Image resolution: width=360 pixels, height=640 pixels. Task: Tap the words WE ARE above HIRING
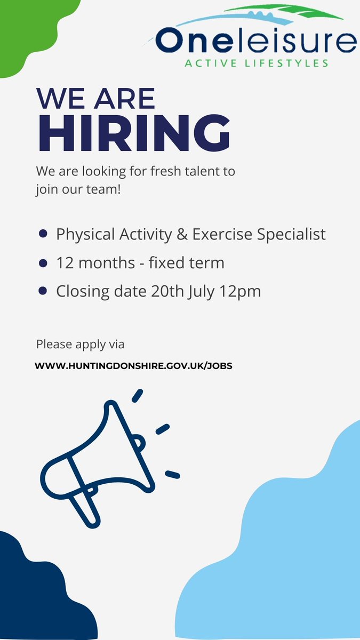95,98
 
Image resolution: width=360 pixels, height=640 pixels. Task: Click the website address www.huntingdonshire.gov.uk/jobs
133,366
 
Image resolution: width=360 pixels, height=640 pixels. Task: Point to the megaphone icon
101,459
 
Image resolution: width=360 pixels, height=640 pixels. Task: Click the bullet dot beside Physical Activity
44,234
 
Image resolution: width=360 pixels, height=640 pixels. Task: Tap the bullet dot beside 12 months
44,262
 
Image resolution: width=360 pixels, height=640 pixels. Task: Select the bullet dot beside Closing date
44,291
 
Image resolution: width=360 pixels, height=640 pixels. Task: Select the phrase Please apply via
80,344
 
